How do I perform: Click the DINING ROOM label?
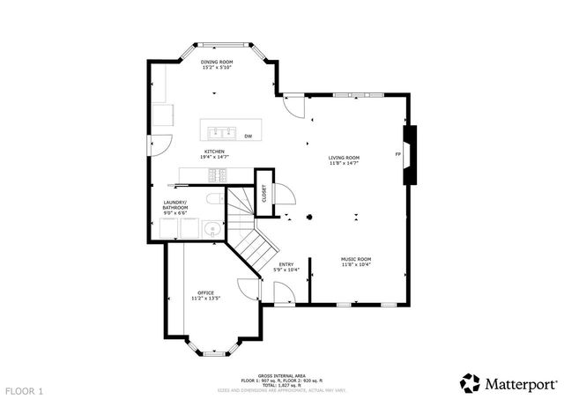pyautogui.click(x=216, y=62)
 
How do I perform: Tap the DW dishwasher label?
pyautogui.click(x=249, y=136)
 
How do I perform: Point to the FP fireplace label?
pyautogui.click(x=397, y=155)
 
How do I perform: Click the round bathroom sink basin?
pyautogui.click(x=210, y=231)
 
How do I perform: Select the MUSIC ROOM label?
pyautogui.click(x=356, y=259)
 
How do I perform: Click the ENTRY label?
pyautogui.click(x=286, y=263)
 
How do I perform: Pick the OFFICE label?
pyautogui.click(x=205, y=292)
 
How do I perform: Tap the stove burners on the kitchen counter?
pyautogui.click(x=214, y=174)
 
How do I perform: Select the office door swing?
pyautogui.click(x=252, y=287)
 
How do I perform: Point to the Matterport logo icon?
pyautogui.click(x=470, y=383)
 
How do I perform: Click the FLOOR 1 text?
pyautogui.click(x=24, y=389)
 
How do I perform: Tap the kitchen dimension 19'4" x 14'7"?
pyautogui.click(x=215, y=158)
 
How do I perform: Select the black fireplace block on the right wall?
pyautogui.click(x=409, y=155)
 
